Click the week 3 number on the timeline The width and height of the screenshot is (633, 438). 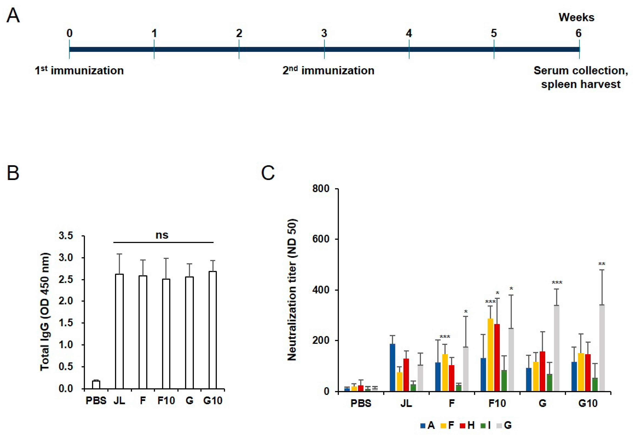[x=324, y=34]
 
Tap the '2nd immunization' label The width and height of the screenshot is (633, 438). [x=328, y=71]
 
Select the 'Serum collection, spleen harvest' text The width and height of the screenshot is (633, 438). [x=581, y=77]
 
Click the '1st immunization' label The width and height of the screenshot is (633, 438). [x=79, y=71]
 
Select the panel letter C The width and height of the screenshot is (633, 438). [x=268, y=173]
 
